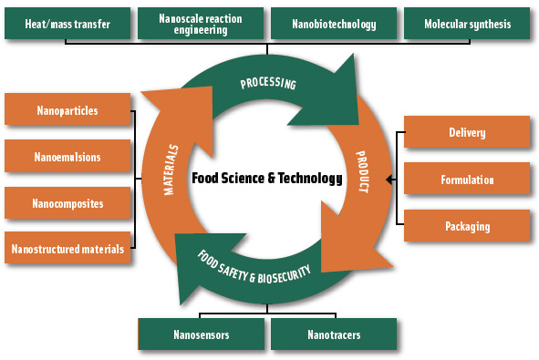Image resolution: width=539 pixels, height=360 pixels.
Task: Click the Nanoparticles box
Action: coord(67,111)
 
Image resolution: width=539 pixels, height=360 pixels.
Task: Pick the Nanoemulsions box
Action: coord(67,157)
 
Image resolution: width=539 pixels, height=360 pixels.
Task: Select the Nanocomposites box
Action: coord(67,202)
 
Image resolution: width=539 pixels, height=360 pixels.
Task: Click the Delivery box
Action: coord(467,133)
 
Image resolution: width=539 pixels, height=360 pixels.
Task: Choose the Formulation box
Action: coord(467,180)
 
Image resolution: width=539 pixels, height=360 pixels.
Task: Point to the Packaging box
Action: coord(467,225)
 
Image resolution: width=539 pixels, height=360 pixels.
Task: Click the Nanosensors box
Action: coord(200,334)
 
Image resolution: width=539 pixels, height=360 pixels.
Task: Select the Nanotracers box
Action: coord(334,334)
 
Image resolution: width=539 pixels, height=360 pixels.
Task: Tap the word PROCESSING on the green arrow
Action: coord(268,84)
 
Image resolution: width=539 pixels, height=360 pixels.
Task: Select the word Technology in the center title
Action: coord(307,179)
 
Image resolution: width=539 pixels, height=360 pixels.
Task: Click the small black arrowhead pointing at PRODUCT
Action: coord(390,180)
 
